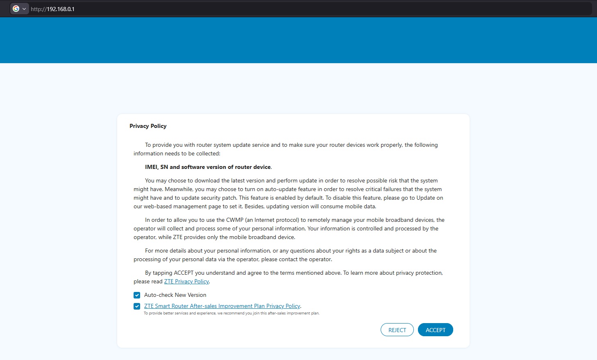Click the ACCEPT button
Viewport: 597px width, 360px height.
(435, 330)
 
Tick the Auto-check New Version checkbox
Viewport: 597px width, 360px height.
(137, 295)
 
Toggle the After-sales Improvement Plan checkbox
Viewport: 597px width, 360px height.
(137, 306)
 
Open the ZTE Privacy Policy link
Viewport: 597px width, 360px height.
(186, 282)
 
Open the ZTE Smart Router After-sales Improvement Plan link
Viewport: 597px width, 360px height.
(222, 306)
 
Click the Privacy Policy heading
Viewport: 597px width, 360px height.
(148, 126)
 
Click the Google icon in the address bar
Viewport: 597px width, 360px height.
(16, 9)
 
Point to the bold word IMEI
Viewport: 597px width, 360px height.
(151, 167)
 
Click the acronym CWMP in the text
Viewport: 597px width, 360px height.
(235, 220)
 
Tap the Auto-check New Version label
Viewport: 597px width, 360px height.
(175, 295)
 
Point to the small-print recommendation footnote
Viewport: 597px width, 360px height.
(232, 313)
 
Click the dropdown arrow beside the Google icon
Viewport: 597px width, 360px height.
(24, 9)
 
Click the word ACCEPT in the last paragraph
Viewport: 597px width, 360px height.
(184, 273)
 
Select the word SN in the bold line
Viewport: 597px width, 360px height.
(164, 167)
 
